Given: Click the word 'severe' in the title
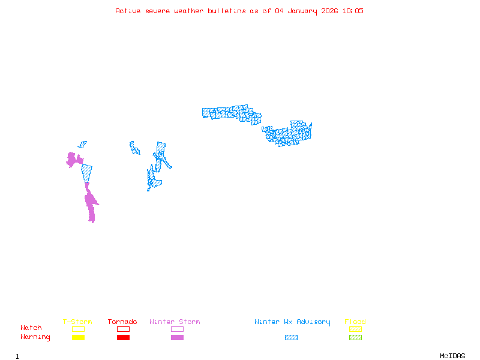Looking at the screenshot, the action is pos(158,11).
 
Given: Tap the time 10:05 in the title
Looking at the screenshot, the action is pos(352,11).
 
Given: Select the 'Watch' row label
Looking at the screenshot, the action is pos(31,328).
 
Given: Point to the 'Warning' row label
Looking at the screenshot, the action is pos(35,337).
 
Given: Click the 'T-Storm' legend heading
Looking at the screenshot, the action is pos(77,322).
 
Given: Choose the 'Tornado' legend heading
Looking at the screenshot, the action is pos(122,322).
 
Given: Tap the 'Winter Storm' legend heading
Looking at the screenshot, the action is pos(175,322).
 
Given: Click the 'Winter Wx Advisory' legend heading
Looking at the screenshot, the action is pos(292,322).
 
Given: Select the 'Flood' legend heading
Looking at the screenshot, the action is pos(355,322).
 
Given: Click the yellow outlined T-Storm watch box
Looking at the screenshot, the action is pos(78,329).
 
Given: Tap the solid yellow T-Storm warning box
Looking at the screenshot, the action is pos(78,338).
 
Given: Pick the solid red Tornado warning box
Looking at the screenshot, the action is pos(123,338).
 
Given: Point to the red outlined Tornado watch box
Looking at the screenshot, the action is pos(123,329).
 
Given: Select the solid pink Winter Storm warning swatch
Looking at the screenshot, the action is pos(177,338).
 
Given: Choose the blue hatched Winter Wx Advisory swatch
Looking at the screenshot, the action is pos(291,338).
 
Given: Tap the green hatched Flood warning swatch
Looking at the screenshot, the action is pos(355,338).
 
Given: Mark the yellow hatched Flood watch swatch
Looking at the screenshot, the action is pos(355,329).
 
